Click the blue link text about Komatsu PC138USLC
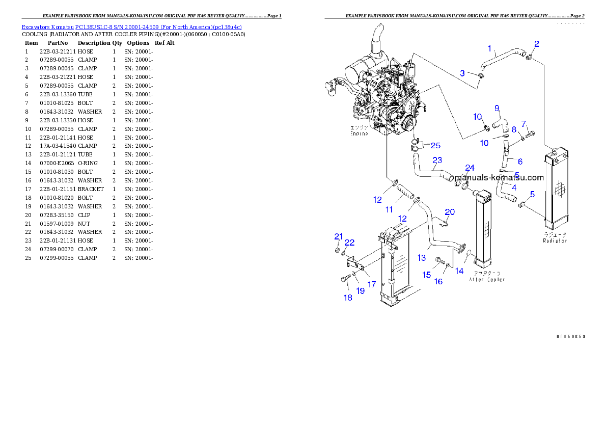click(x=131, y=26)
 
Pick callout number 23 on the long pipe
click(x=437, y=160)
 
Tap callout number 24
click(x=470, y=168)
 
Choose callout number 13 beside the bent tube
click(x=422, y=258)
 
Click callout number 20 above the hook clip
click(x=450, y=212)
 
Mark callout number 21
click(x=339, y=236)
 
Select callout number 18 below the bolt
click(x=348, y=298)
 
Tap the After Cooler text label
click(x=487, y=280)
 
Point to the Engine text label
click(x=359, y=133)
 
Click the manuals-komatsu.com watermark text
click(x=499, y=178)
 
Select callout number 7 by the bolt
click(x=523, y=124)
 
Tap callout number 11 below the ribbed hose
click(x=389, y=209)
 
